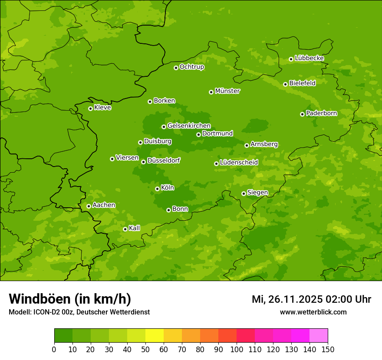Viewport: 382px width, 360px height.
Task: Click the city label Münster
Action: click(227, 91)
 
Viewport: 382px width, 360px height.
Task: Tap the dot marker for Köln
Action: click(157, 189)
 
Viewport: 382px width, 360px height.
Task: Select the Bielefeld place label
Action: click(303, 83)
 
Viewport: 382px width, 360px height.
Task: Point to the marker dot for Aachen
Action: click(89, 206)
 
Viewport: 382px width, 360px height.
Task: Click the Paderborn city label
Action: click(322, 113)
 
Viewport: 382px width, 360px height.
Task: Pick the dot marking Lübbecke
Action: click(291, 59)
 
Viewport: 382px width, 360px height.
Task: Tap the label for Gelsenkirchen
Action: click(189, 126)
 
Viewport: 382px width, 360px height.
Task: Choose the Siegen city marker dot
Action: click(244, 193)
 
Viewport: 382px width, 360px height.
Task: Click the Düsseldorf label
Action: click(164, 160)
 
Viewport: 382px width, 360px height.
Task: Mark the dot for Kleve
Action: click(90, 108)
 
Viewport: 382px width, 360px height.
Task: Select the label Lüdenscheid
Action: click(239, 163)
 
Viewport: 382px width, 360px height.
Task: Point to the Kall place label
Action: click(135, 228)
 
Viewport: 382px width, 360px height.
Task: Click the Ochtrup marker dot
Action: click(176, 68)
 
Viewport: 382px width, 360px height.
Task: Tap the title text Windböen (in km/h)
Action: click(70, 299)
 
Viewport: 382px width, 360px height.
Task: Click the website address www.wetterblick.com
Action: click(313, 312)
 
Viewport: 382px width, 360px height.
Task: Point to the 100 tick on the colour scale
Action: click(237, 349)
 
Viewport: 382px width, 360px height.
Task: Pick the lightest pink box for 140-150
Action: click(319, 336)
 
